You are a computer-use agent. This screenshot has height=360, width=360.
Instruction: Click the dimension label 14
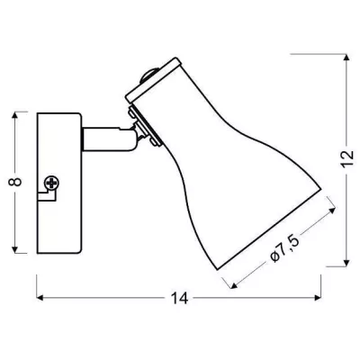point(179,298)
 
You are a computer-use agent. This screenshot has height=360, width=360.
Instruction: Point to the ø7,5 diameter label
point(284,249)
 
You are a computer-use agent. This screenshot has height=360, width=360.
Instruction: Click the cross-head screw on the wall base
point(51,183)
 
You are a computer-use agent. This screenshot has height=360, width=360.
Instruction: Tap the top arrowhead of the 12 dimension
point(346,58)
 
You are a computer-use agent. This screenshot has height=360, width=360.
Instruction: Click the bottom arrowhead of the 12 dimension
point(346,263)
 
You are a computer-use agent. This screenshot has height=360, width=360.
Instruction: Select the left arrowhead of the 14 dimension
point(40,298)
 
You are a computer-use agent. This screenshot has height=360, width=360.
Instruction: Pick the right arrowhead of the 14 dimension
point(318,298)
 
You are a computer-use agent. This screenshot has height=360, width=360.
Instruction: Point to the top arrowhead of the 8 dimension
point(15,115)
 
